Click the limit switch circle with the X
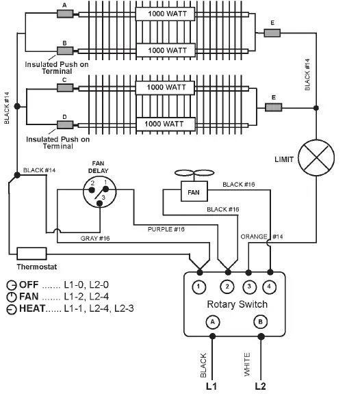(x=316, y=159)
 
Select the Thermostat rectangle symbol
(x=31, y=253)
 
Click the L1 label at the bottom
(x=212, y=386)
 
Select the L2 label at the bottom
(x=260, y=386)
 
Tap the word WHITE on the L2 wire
(x=247, y=364)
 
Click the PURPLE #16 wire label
(x=166, y=229)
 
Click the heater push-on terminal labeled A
(x=65, y=13)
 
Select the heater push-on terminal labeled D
(x=65, y=124)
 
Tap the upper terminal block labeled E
(x=272, y=31)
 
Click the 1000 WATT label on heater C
(x=166, y=88)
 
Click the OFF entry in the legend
(x=28, y=284)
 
